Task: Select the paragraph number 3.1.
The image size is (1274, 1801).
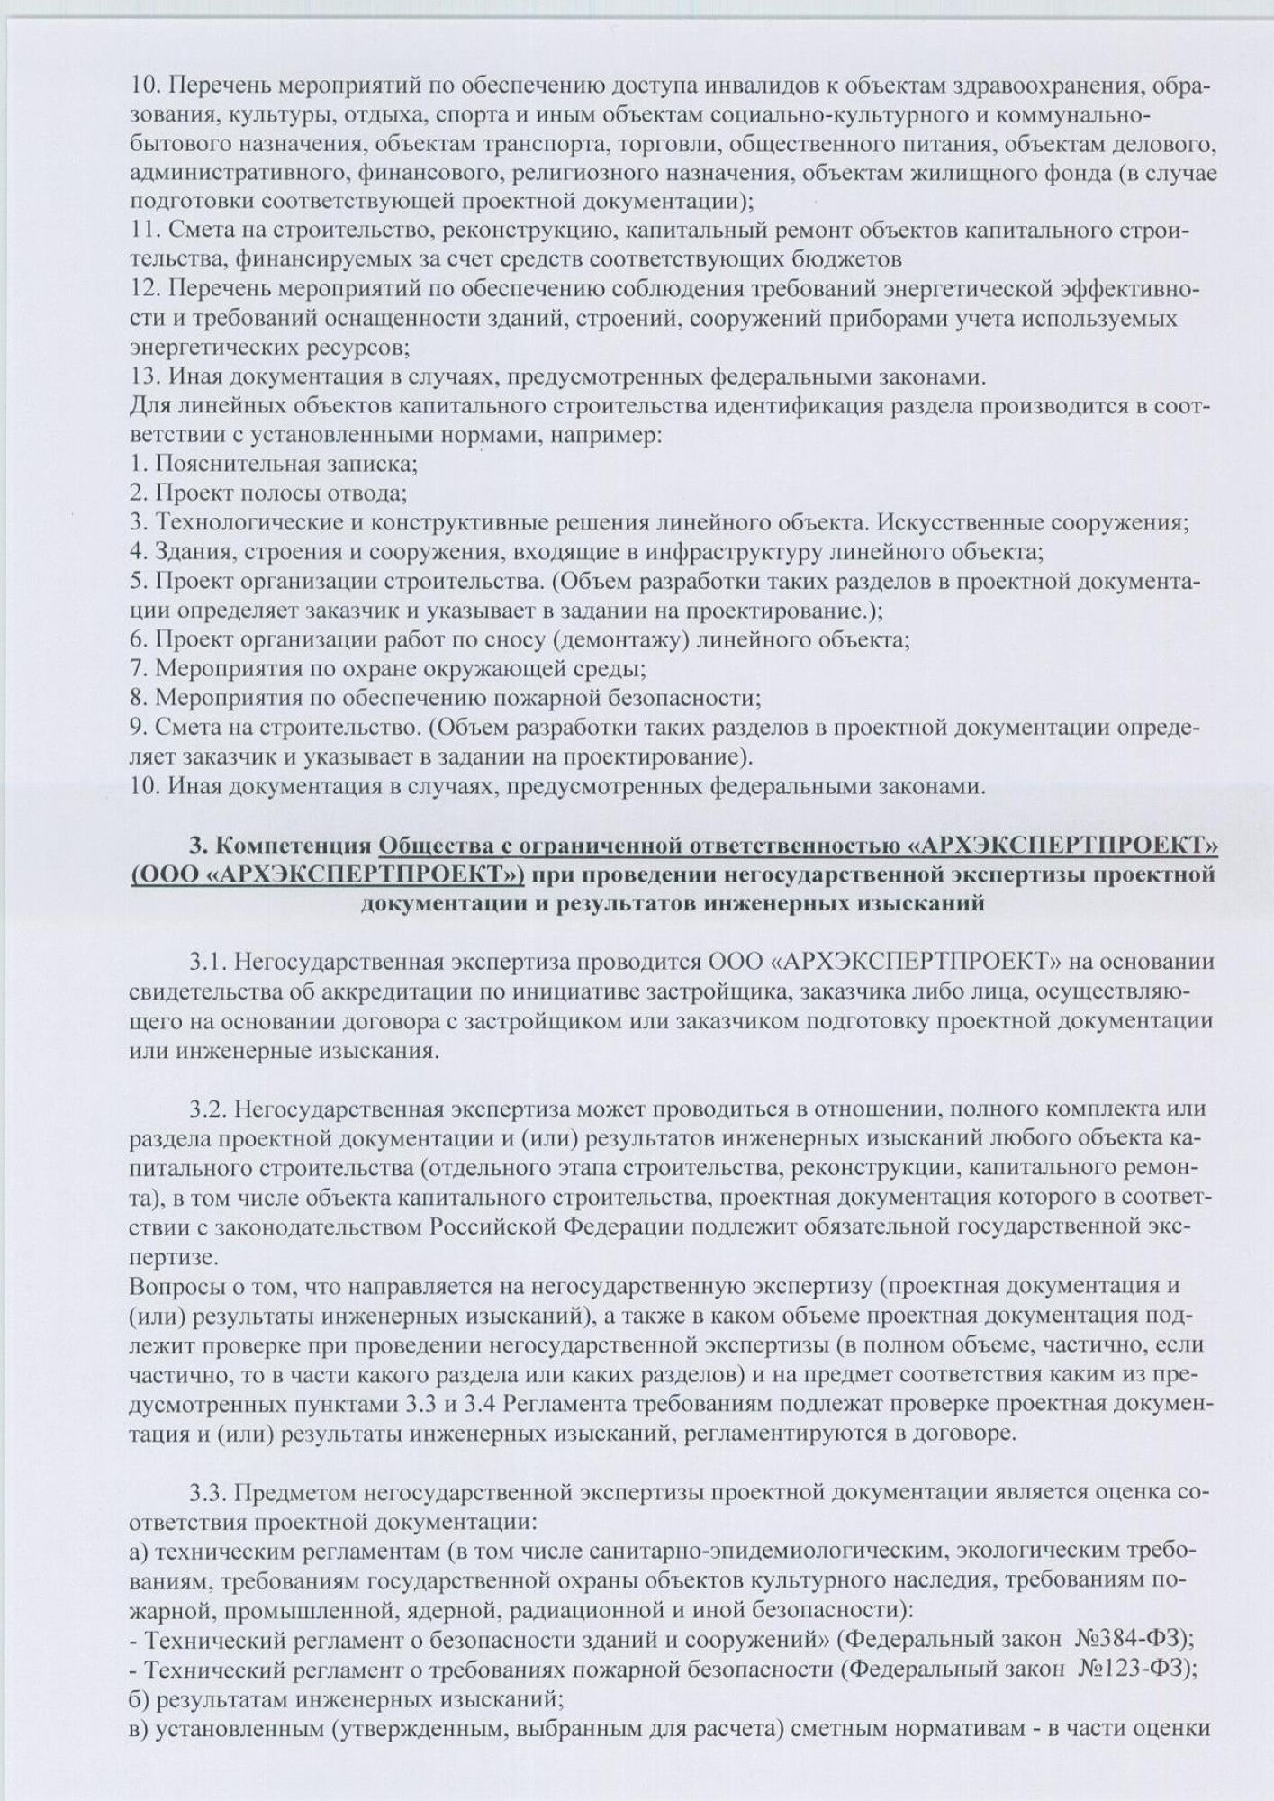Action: tap(207, 962)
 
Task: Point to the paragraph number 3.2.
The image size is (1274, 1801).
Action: tap(207, 1109)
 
